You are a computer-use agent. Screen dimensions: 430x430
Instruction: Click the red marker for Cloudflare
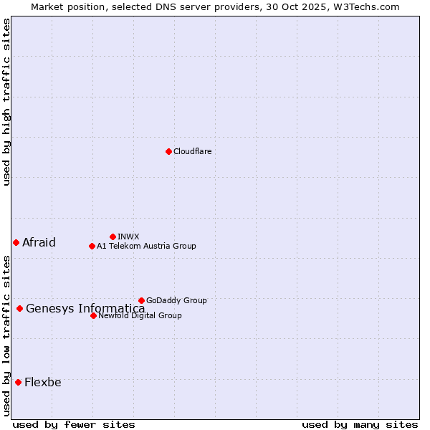pos(168,151)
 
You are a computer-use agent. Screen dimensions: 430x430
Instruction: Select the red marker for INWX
pos(113,236)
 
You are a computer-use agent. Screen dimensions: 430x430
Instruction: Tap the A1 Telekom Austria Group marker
pos(92,246)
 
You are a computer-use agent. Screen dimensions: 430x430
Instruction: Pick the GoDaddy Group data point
pos(141,300)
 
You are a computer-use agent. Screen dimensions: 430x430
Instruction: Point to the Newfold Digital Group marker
pos(93,315)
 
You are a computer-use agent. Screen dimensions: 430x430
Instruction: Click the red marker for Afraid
pos(16,242)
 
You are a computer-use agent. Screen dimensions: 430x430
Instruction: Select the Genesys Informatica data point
pos(19,308)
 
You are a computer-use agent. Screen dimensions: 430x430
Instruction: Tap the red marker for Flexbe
pos(18,382)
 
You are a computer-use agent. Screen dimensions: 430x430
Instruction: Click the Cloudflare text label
pos(192,151)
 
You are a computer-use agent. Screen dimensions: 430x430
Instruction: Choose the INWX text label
pos(128,236)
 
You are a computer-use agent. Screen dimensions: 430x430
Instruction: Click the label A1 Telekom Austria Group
pos(146,246)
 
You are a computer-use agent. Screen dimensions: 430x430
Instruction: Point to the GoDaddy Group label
pos(176,300)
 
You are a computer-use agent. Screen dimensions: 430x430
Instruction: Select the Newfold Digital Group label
pos(140,315)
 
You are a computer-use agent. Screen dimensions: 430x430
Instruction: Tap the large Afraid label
pos(39,242)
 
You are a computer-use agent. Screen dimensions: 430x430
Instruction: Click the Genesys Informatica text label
pos(85,309)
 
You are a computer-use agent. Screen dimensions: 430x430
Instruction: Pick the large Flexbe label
pos(43,382)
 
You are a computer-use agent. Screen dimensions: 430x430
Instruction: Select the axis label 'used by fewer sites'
pos(74,424)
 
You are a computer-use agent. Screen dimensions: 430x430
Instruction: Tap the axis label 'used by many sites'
pos(360,424)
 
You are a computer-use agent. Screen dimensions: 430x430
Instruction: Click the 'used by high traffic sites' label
pos(6,102)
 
